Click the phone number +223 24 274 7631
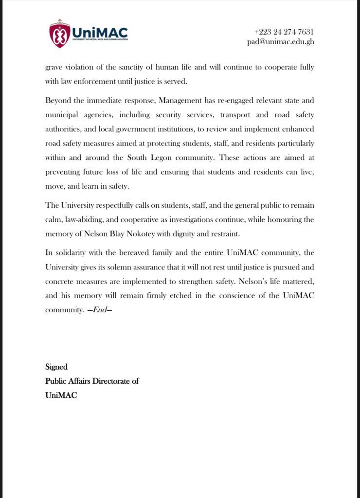point(284,32)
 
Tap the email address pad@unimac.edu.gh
point(280,42)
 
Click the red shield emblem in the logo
point(59,35)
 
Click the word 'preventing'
point(63,172)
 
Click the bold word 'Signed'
point(56,367)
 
